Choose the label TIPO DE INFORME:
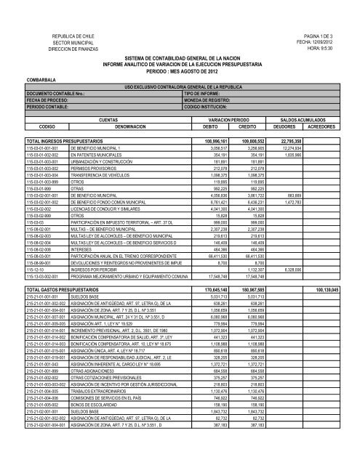207,94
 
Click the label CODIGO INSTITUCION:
212,108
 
